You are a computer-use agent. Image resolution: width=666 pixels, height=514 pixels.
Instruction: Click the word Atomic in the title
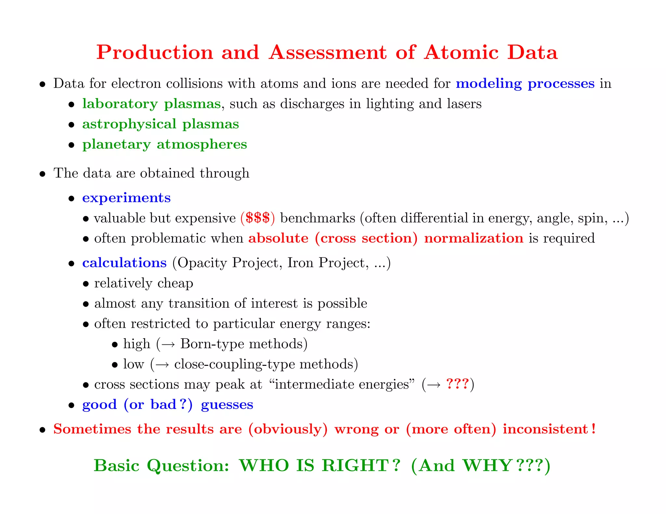(461, 53)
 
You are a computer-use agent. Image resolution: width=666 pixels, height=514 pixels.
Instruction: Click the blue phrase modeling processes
(525, 84)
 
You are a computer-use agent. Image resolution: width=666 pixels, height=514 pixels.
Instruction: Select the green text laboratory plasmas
(152, 104)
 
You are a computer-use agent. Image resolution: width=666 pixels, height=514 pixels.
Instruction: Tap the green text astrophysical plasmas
(161, 124)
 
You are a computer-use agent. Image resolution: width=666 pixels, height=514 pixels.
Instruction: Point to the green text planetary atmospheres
(165, 144)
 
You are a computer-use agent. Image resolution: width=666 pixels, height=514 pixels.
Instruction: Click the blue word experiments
(127, 198)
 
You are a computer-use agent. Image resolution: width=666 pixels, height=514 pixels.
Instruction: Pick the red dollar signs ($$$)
(258, 218)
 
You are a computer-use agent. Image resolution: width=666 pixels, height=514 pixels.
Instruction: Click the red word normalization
(473, 238)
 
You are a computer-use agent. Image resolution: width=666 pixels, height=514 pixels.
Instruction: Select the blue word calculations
(125, 263)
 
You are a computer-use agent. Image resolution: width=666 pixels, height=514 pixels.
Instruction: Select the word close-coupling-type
(235, 365)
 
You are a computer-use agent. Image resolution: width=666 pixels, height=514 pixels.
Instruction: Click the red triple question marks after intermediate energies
(457, 384)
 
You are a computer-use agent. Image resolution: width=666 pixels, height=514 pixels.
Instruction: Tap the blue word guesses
(227, 405)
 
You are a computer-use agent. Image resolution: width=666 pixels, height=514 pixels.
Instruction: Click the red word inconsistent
(545, 429)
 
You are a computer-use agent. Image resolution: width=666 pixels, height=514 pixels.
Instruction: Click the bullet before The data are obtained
(42, 174)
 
